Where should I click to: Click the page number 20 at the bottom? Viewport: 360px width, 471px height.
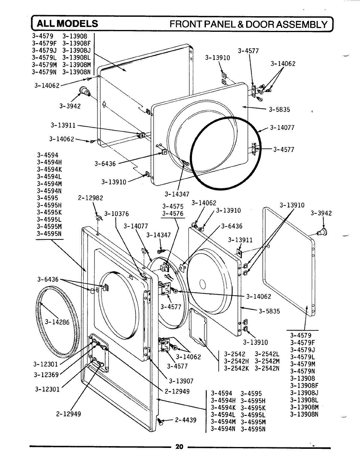(179, 447)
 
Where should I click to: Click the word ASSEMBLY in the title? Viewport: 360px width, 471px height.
(301, 24)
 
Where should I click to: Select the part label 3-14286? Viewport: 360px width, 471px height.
(57, 322)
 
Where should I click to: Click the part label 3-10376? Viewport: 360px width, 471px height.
(116, 214)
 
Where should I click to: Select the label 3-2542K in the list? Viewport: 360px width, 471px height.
(236, 368)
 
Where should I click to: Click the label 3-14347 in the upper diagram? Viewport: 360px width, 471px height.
(177, 194)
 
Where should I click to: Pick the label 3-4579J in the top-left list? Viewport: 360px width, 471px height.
(44, 50)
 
